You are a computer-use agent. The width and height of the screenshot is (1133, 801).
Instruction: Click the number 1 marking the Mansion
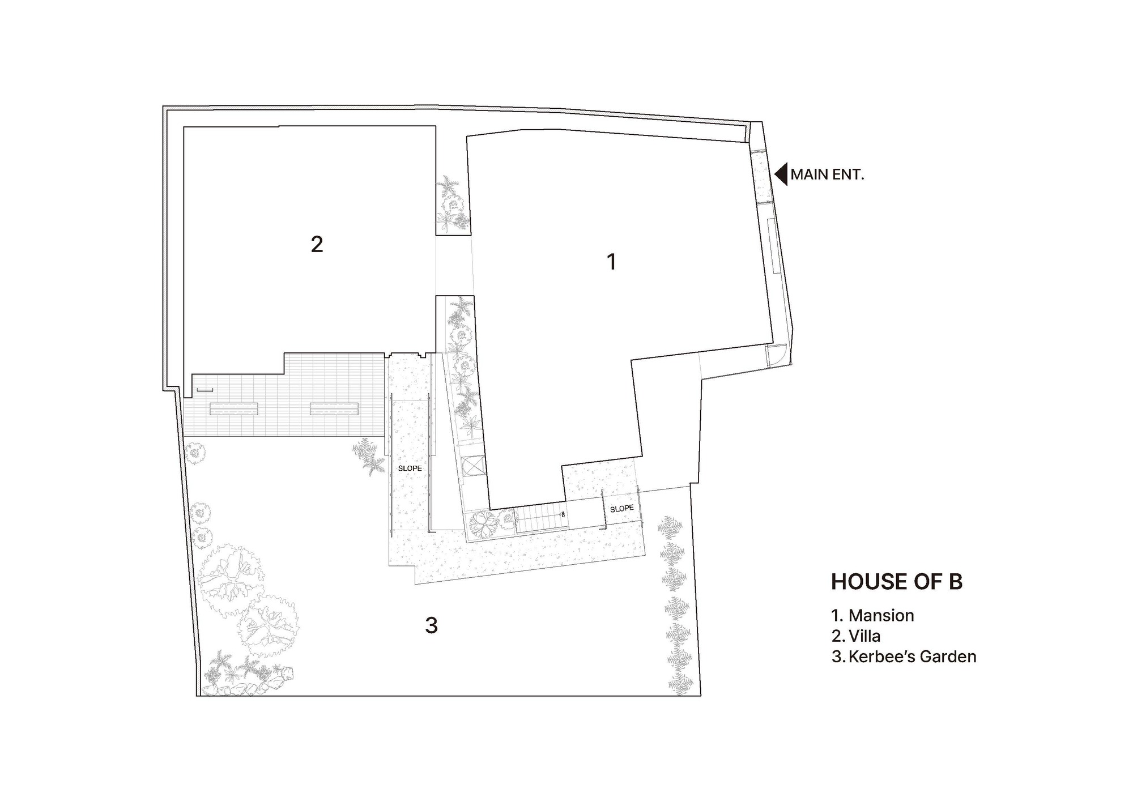pyautogui.click(x=611, y=262)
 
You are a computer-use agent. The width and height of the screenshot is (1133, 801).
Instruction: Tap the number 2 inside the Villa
pyautogui.click(x=317, y=244)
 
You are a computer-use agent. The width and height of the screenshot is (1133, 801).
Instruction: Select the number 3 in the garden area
pyautogui.click(x=431, y=626)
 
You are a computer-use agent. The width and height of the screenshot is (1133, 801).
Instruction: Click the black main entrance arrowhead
pyautogui.click(x=781, y=174)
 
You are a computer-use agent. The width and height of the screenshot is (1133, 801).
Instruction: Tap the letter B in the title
pyautogui.click(x=956, y=582)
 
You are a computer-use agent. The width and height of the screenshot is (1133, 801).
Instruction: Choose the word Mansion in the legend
pyautogui.click(x=881, y=615)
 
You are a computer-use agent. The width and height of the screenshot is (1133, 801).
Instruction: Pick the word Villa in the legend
pyautogui.click(x=864, y=636)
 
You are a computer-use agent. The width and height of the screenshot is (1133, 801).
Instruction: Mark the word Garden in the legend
pyautogui.click(x=948, y=657)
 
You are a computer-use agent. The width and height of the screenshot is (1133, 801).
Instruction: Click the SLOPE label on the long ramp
pyautogui.click(x=410, y=468)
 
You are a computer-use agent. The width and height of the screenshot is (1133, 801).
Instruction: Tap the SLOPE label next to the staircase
pyautogui.click(x=621, y=509)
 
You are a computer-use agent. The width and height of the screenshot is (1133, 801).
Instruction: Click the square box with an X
pyautogui.click(x=471, y=467)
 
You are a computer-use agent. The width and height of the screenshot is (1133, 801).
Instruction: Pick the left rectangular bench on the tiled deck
pyautogui.click(x=233, y=408)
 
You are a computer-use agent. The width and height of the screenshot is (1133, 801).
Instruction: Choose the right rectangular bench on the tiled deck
pyautogui.click(x=334, y=408)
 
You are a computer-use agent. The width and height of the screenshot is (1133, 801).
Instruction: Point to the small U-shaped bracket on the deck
pyautogui.click(x=205, y=390)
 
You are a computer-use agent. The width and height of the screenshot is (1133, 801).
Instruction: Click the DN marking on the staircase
pyautogui.click(x=563, y=514)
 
